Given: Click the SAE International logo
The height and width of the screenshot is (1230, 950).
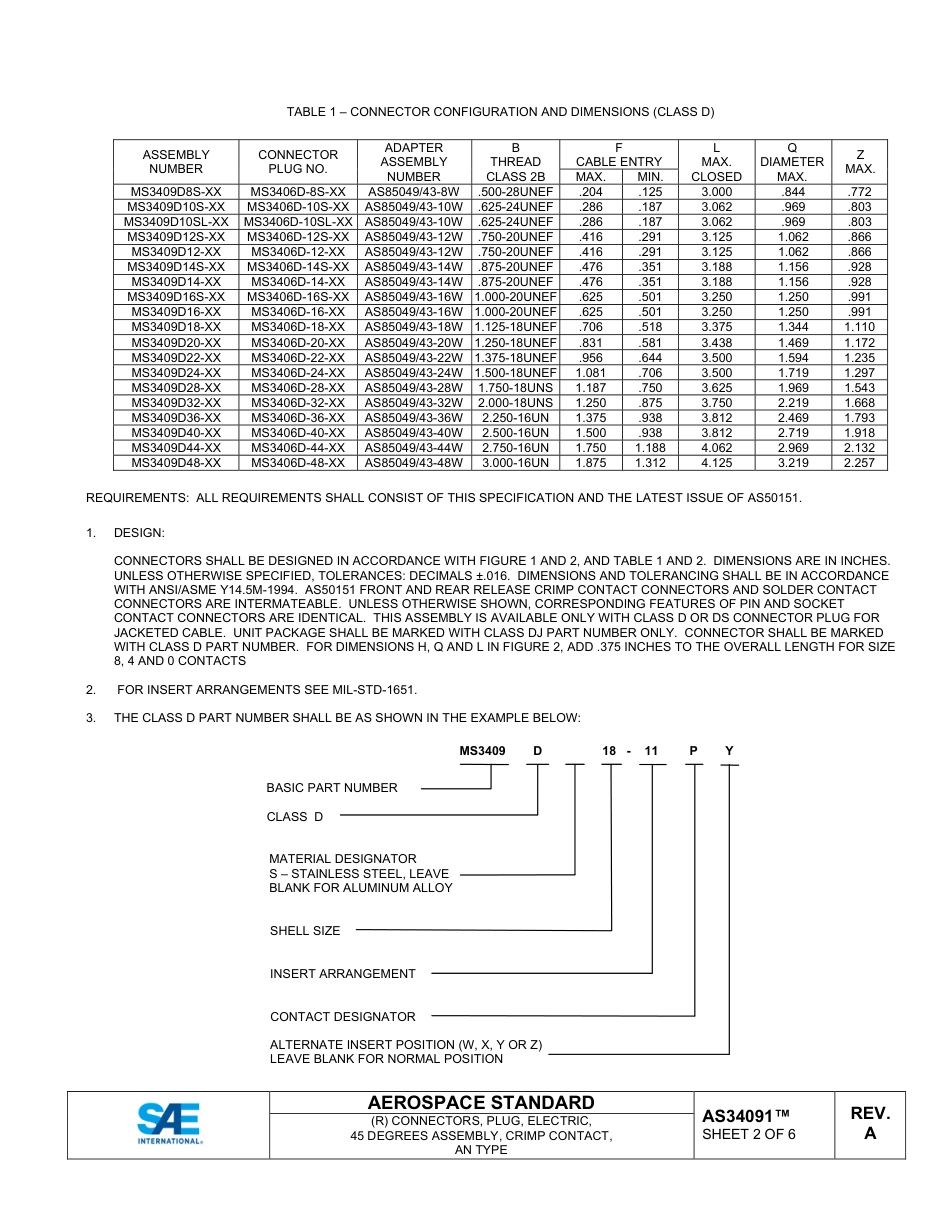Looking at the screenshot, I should pos(170,1123).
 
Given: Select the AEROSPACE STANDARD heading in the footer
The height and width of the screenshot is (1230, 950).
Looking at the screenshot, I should pos(481,1102).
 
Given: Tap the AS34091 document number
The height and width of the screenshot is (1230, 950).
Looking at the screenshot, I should pos(746,1116).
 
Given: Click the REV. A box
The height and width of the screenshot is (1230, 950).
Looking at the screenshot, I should pos(870,1123).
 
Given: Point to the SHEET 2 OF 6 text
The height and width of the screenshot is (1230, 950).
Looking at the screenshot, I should pos(749,1134).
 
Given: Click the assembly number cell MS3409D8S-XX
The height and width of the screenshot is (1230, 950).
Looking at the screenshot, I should pos(176,192).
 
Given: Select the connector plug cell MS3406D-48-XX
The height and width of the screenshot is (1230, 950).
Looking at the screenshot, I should pos(298,463).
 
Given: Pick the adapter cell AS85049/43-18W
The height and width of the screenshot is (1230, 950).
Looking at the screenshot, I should pos(413,327).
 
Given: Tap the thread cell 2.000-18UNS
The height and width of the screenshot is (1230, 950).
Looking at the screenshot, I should pos(515,403).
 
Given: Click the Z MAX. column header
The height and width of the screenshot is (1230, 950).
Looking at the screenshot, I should pos(860,162).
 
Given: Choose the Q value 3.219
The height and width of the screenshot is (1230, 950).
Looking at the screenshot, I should pos(792,463).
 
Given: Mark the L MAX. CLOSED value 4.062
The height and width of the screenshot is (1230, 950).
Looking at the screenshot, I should pos(716,448).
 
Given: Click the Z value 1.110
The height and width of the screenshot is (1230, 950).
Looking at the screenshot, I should pos(860,327).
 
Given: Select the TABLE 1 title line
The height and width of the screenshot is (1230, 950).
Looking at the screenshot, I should pos(500,112).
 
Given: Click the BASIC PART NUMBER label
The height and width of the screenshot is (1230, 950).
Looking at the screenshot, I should pos(332,788).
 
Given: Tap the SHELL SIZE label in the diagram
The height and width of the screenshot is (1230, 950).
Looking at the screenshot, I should pos(305,931).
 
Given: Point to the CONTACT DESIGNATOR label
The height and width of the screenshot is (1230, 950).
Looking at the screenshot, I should pos(343,1017).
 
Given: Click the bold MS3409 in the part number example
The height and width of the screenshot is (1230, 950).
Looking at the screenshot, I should pos(482,750).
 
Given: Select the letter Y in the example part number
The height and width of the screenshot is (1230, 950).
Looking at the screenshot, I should pos(729,750).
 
